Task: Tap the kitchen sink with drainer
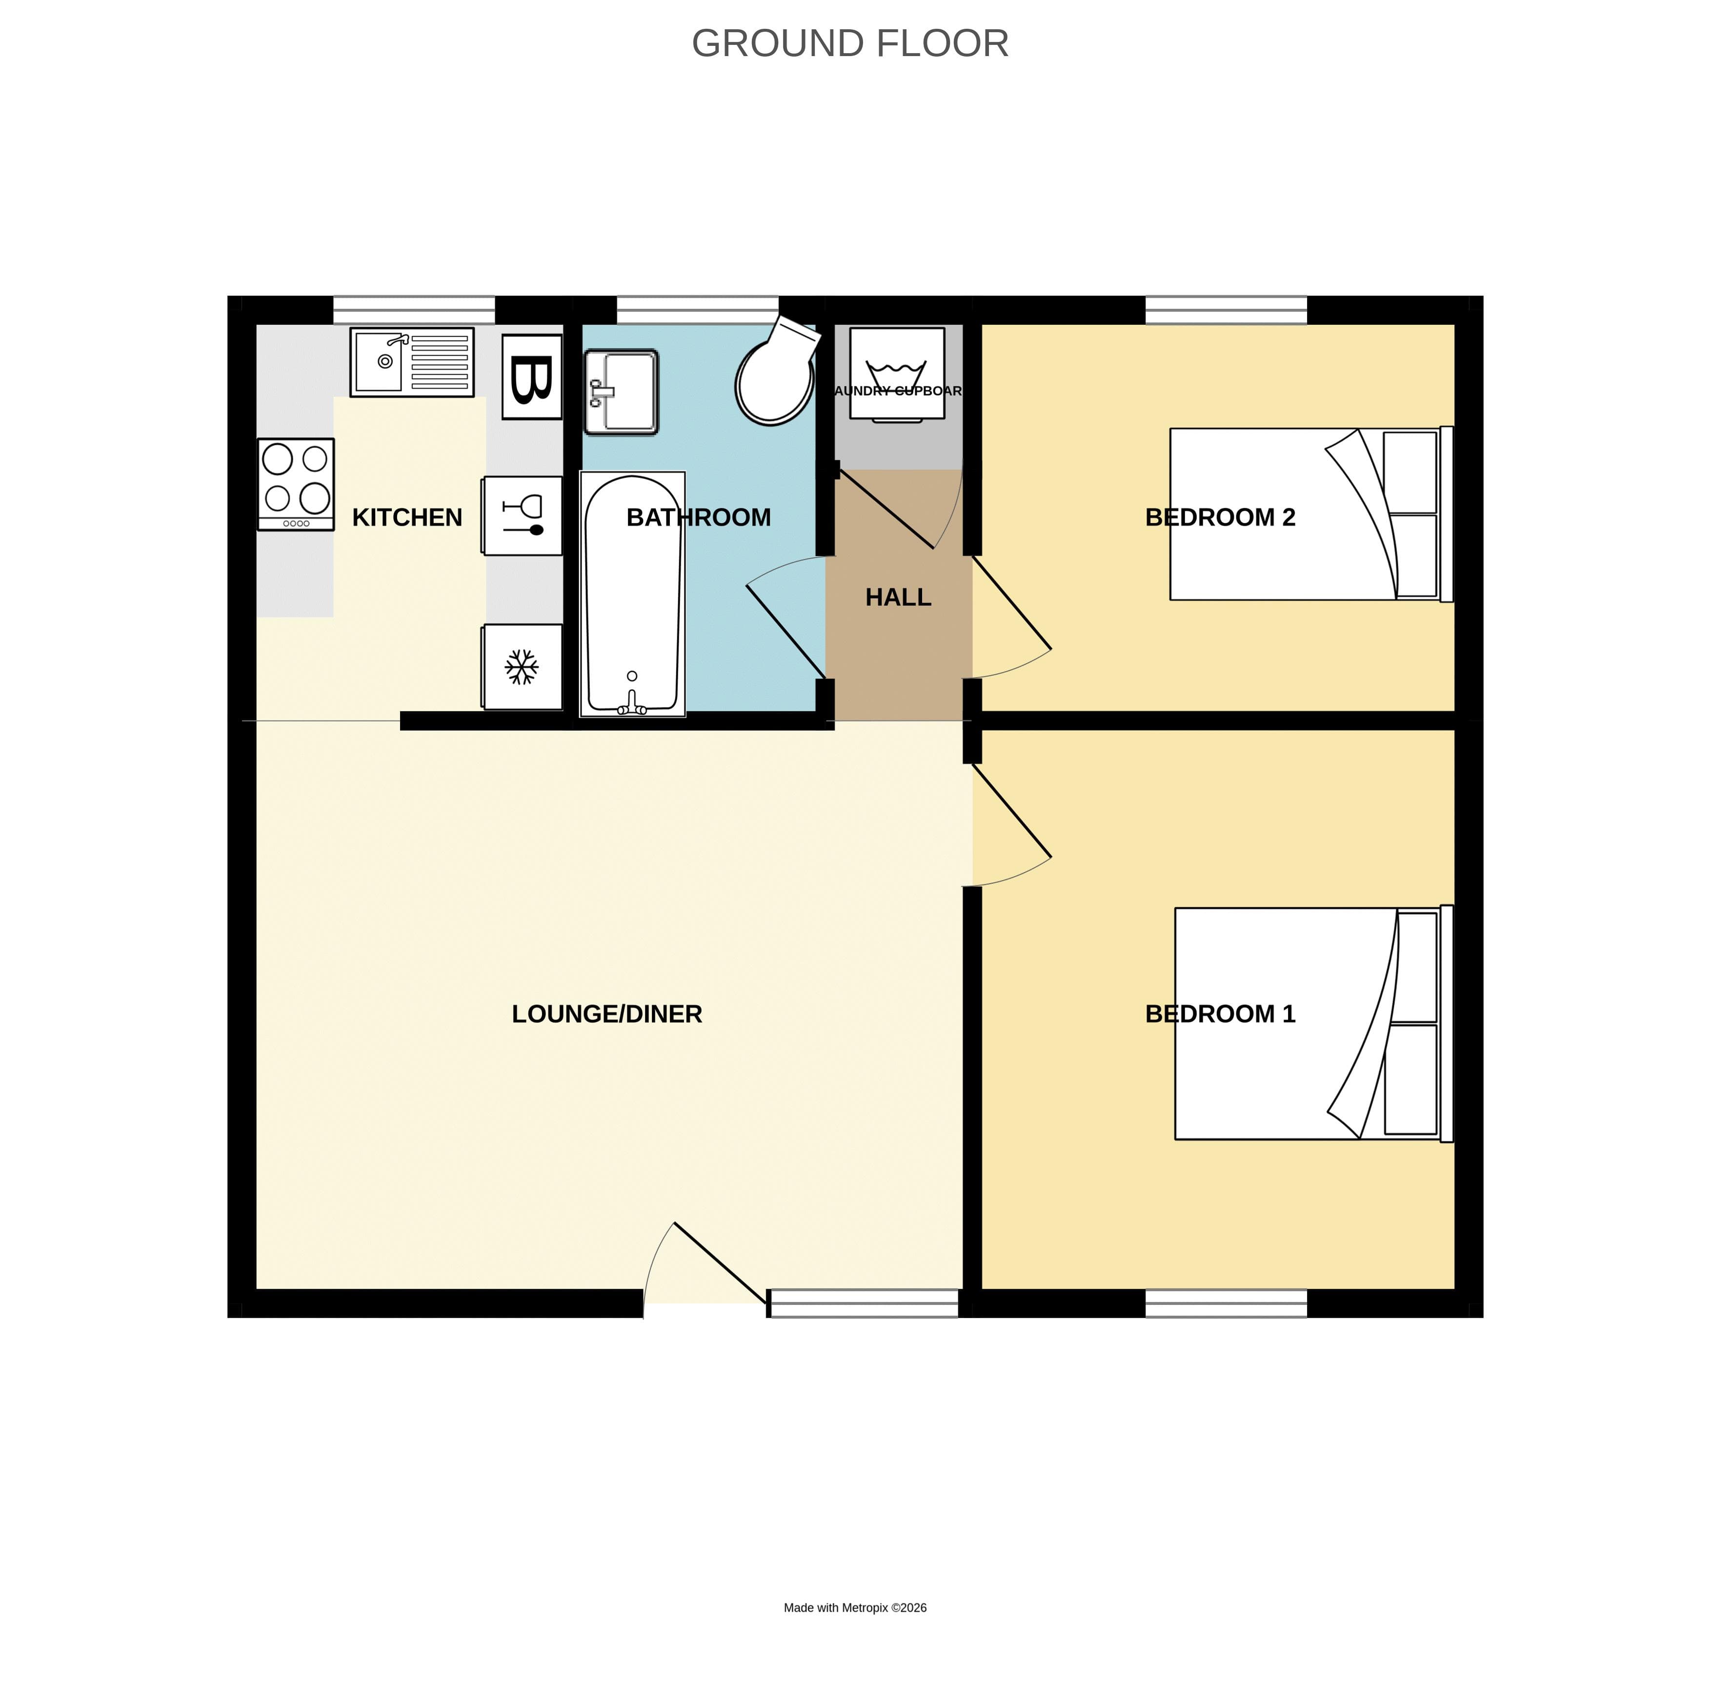(x=412, y=361)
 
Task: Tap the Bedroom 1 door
(x=1011, y=813)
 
